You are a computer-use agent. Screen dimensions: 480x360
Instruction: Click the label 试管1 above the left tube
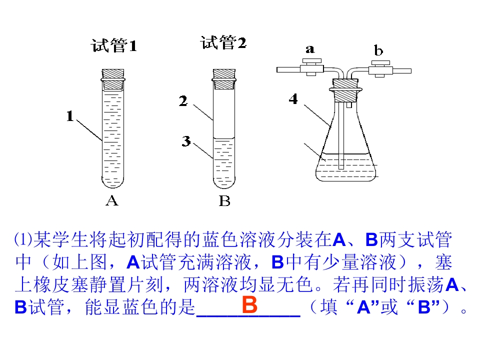point(114,46)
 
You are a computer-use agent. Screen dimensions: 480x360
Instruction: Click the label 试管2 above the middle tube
point(223,42)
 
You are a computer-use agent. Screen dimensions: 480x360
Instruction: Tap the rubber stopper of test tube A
point(112,79)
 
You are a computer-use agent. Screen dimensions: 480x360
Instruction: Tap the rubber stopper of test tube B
point(224,79)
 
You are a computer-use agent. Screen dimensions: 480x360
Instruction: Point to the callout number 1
point(70,116)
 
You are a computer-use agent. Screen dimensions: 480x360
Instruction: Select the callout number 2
point(183,101)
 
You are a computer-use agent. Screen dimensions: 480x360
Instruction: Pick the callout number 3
point(186,141)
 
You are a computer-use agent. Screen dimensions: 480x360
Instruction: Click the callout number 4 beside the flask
point(293,99)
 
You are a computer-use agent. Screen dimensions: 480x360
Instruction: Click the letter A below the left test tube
point(112,200)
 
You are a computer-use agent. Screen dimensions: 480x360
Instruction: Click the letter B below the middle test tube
point(224,201)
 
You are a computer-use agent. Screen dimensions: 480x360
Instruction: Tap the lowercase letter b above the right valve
point(378,50)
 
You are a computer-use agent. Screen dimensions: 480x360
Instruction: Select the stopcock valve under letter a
point(311,67)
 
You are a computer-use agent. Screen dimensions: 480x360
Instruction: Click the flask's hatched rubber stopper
point(345,90)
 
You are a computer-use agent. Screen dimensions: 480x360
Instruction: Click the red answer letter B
point(249,304)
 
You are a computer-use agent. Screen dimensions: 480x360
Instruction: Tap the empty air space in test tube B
point(224,113)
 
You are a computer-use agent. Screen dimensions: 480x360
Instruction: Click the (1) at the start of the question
point(23,239)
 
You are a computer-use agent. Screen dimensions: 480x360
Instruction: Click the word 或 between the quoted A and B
point(389,306)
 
